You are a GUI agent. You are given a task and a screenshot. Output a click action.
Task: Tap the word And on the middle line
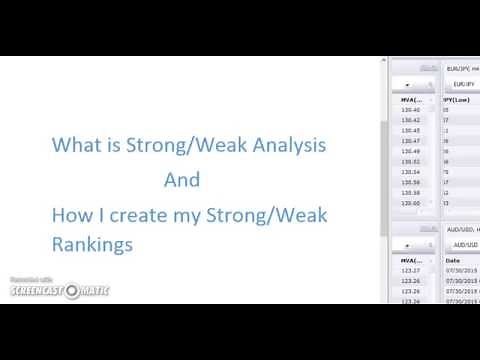point(183,180)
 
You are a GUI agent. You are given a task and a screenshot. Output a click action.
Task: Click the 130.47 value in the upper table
point(410,140)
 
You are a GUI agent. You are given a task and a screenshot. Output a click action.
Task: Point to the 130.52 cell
point(410,161)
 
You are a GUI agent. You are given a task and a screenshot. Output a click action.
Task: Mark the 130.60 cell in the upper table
point(410,203)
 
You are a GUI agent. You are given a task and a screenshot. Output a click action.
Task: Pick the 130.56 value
point(410,182)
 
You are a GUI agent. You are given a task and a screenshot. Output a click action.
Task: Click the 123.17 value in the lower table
point(410,269)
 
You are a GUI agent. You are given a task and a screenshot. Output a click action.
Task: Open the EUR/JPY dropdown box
point(462,84)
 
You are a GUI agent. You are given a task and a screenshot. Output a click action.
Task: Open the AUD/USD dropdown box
point(462,244)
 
